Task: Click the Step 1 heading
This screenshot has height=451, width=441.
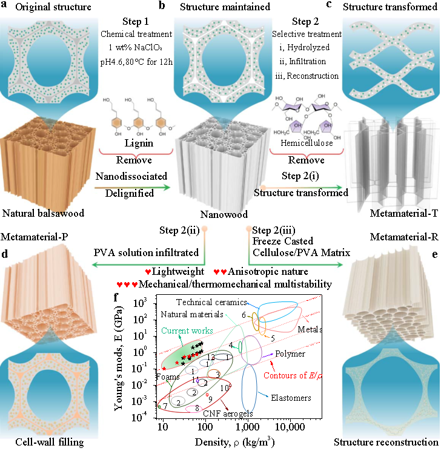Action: click(x=134, y=22)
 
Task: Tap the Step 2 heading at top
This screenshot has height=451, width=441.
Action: click(x=306, y=22)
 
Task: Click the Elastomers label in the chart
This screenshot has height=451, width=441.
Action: click(x=291, y=398)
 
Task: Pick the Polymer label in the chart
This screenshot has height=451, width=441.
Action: click(x=290, y=354)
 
